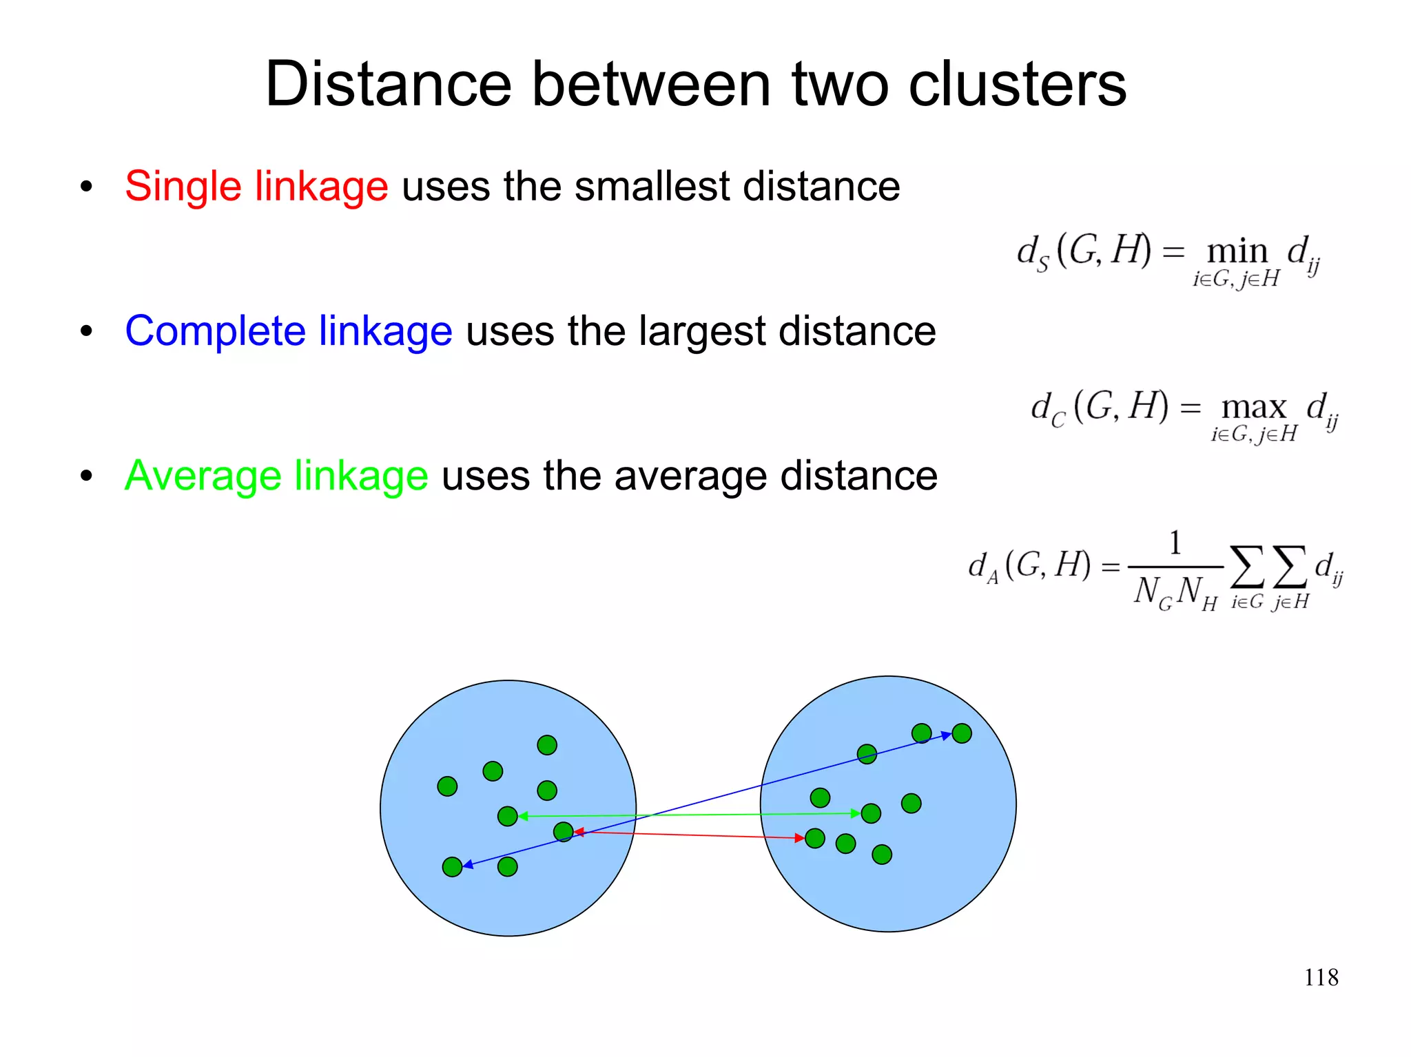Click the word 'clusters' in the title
[1017, 84]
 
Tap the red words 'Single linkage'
[256, 186]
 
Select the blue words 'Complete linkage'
[289, 331]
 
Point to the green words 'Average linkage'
[276, 476]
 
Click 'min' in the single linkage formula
[1237, 251]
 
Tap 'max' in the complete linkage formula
[1254, 407]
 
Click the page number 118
[1321, 977]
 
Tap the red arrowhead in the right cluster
[799, 838]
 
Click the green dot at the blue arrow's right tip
[962, 733]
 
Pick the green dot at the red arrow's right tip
[815, 838]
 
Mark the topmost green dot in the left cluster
[547, 745]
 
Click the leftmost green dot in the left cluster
[447, 786]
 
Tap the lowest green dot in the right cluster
[882, 855]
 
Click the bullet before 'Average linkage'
[86, 476]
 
